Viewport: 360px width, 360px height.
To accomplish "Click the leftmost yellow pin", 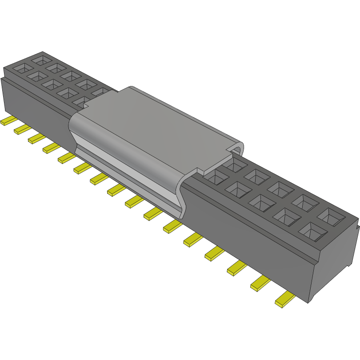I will (x=8, y=121).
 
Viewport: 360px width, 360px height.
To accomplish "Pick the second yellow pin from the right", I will (x=261, y=283).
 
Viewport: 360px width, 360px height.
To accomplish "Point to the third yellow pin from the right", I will (x=237, y=268).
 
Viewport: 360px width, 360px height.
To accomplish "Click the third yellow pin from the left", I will (x=36, y=138).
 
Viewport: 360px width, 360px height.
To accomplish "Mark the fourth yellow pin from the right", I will (x=214, y=253).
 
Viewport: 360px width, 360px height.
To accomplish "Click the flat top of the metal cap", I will (x=156, y=124).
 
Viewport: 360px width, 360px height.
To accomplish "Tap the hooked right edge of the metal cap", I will (x=238, y=149).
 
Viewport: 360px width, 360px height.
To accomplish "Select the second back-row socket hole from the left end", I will (x=56, y=67).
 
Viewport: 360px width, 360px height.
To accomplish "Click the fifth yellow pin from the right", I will (x=192, y=240).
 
